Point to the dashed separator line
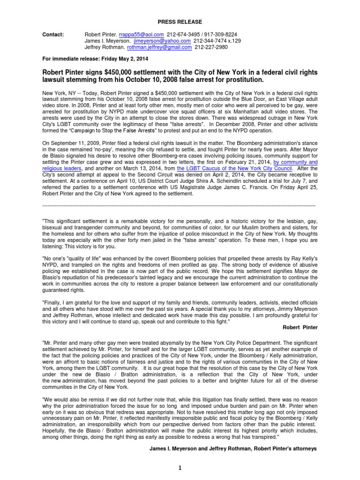(x=180, y=206)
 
